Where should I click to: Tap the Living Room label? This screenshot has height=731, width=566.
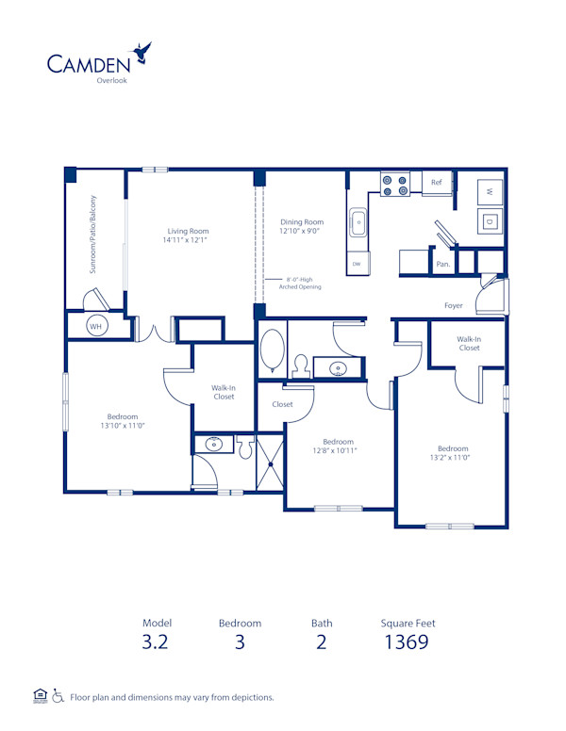click(x=188, y=231)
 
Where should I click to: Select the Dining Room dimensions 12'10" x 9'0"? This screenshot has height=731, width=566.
click(x=301, y=231)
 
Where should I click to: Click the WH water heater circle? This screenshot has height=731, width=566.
click(x=95, y=325)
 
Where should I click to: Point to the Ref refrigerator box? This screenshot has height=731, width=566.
click(x=437, y=183)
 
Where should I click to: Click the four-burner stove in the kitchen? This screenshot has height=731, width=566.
click(x=394, y=185)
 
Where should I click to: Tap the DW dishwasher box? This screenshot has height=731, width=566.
click(x=358, y=265)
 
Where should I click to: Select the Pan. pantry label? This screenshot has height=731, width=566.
click(x=442, y=266)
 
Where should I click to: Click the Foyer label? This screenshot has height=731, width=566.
click(x=455, y=306)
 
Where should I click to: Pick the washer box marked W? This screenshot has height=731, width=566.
click(x=490, y=190)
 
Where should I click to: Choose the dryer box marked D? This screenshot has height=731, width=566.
click(x=490, y=222)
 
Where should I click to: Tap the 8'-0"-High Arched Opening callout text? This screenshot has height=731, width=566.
click(x=299, y=283)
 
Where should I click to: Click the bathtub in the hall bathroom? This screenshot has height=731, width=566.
click(x=273, y=350)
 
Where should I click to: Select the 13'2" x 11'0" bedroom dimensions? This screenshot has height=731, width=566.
click(x=452, y=458)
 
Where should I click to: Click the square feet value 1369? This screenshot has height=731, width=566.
click(x=407, y=642)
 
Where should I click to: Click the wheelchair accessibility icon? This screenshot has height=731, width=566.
click(x=58, y=697)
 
